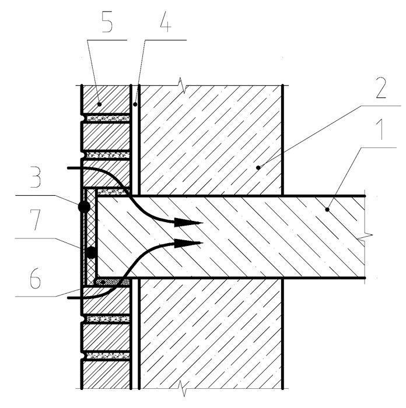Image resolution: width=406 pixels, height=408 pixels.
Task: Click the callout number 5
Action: coord(107,24)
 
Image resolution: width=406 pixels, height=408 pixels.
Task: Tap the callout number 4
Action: coord(166,24)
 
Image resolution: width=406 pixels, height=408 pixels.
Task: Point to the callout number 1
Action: coord(380,131)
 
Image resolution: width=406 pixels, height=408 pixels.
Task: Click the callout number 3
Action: coord(36,178)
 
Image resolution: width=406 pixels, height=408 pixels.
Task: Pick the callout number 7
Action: coord(36,220)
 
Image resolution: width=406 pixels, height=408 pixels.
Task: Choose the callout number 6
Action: coord(35,280)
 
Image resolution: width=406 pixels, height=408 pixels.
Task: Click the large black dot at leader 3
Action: coord(84,207)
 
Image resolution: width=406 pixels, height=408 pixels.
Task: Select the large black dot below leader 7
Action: coord(92,252)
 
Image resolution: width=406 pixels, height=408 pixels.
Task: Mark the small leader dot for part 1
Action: coord(327,209)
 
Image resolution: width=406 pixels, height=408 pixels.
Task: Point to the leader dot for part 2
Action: coord(258,168)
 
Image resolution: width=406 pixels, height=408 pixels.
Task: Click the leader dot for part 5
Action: coord(99,104)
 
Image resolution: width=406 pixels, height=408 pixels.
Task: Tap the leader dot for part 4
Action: coord(135,104)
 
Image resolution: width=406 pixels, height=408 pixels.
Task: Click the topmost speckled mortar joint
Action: coord(108,118)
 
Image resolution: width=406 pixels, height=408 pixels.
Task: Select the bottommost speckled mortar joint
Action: coord(108,356)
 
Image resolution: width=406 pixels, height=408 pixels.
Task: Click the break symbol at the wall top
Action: coord(182,85)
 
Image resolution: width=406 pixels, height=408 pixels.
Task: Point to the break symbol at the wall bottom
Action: coord(182,389)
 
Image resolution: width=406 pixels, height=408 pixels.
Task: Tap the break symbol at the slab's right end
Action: coord(365,237)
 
